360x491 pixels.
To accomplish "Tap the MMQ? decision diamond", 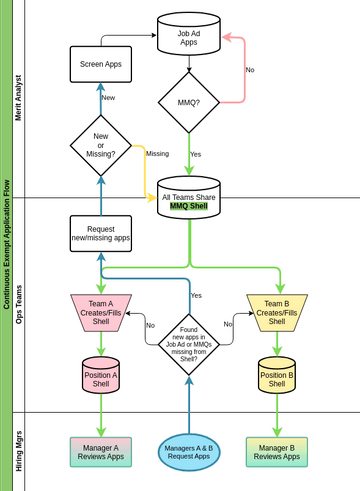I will tap(189, 102).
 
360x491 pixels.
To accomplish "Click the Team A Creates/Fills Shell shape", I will tap(101, 313).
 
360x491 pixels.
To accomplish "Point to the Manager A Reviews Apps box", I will tap(101, 451).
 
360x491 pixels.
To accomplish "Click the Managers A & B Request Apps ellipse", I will tap(189, 452).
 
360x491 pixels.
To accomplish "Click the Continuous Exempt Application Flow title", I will tap(6, 245).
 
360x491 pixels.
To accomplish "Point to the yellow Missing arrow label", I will tap(157, 154).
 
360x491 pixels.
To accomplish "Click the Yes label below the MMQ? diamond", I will tap(196, 154).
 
